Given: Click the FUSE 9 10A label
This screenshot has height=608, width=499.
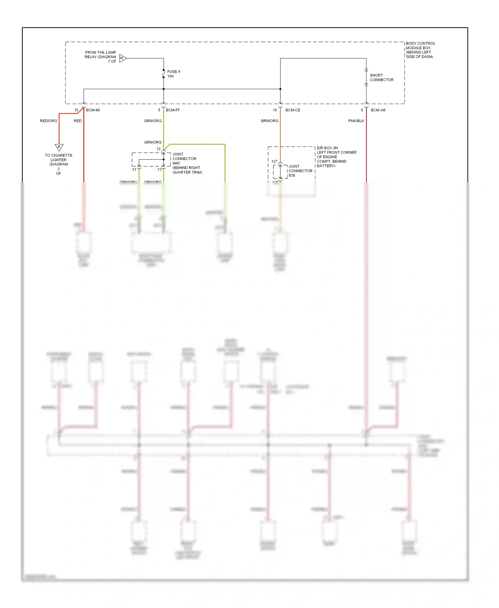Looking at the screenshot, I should click(173, 74).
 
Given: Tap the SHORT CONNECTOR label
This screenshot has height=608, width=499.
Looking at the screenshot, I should click(381, 77).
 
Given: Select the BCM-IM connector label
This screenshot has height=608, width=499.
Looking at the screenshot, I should click(93, 110).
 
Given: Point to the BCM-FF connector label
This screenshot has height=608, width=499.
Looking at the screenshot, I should click(173, 110).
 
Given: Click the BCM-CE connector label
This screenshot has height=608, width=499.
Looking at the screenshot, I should click(292, 110).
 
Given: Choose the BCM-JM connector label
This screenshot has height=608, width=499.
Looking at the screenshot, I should click(378, 110).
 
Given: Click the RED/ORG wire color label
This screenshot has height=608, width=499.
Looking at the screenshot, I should click(49, 121).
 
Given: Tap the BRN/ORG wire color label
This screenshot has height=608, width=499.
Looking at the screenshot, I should click(269, 121).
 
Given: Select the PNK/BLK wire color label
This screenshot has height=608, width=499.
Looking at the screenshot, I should click(356, 121).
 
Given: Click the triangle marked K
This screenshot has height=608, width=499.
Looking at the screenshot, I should click(59, 147).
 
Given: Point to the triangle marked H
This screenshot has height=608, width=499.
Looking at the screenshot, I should click(122, 58).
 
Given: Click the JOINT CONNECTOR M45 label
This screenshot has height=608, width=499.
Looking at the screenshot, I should click(184, 159).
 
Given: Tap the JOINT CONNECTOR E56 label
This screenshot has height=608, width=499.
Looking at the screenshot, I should click(300, 171).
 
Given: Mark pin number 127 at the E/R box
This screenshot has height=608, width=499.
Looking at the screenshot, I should click(274, 161).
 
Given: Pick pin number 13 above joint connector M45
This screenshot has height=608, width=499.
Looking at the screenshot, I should click(158, 149).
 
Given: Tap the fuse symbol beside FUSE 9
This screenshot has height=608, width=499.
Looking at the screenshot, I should click(164, 74).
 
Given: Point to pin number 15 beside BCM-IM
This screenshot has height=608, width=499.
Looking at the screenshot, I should click(76, 110).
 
